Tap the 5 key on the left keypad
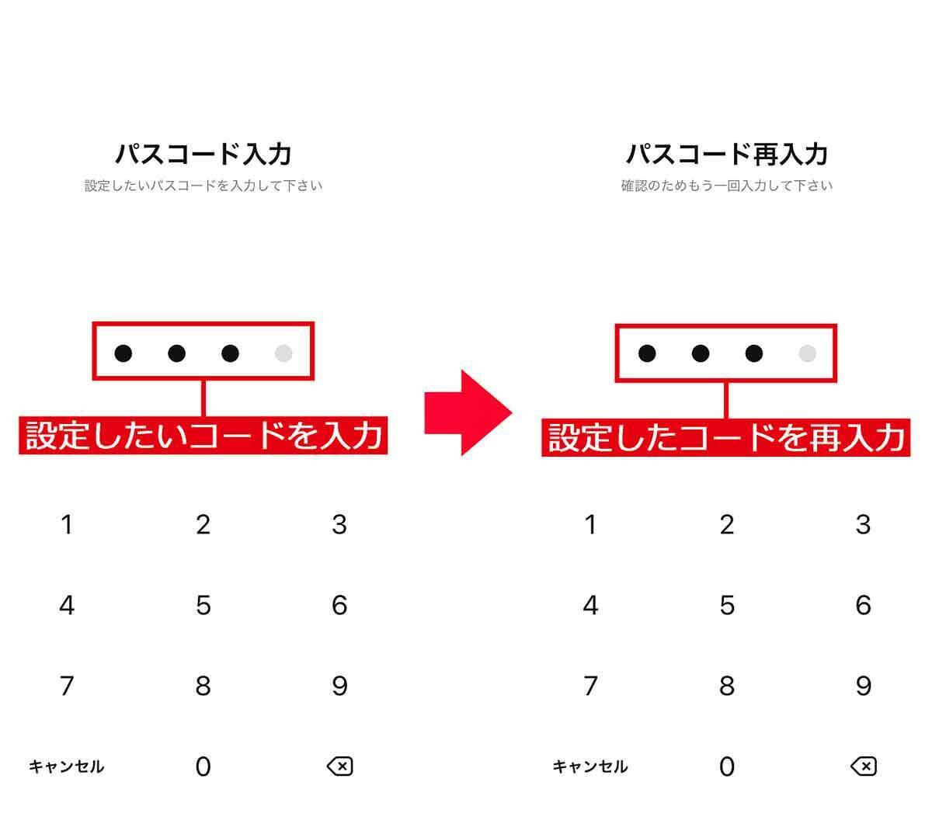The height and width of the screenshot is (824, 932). (x=203, y=605)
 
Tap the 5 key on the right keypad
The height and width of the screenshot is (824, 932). (x=727, y=605)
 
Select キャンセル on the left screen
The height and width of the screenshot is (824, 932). (x=67, y=767)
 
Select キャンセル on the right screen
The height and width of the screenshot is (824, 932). (x=590, y=767)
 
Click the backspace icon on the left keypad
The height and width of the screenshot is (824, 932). (x=340, y=767)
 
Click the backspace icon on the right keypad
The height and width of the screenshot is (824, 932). (x=864, y=767)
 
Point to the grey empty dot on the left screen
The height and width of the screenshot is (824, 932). (x=283, y=353)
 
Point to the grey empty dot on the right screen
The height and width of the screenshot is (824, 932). (x=807, y=353)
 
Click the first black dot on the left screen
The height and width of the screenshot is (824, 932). (x=123, y=353)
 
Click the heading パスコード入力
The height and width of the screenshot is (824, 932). (x=203, y=154)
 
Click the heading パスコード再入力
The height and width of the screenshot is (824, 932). (x=727, y=154)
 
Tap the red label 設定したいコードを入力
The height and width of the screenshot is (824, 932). (x=203, y=435)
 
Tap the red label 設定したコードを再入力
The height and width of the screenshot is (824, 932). (x=726, y=437)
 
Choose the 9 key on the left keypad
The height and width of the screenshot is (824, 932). (x=339, y=686)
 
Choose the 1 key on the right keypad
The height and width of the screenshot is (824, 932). (x=591, y=524)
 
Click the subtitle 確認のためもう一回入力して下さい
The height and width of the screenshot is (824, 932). (x=727, y=186)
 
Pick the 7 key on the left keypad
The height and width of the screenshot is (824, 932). (x=67, y=686)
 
